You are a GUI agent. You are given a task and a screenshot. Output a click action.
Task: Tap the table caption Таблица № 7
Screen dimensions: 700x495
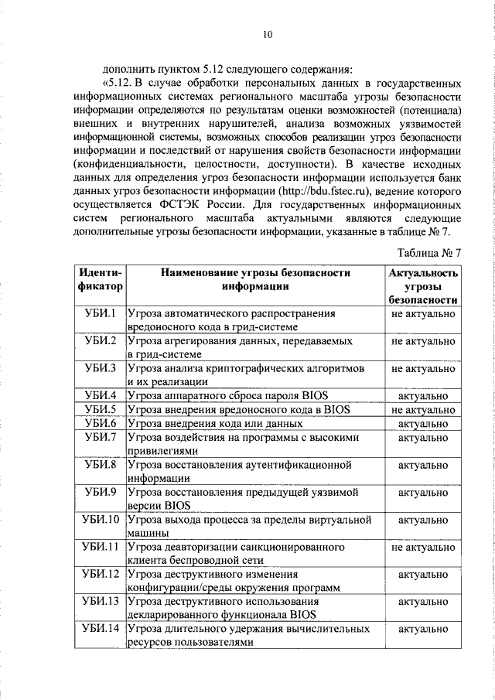429,253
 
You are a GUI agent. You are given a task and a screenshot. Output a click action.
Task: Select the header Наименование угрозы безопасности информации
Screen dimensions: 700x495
255,279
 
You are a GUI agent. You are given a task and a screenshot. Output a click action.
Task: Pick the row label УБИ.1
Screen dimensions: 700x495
100,313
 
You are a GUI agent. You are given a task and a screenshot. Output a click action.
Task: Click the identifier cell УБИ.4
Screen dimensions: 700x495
100,396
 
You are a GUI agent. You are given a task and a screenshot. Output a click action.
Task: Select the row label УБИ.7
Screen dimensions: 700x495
100,438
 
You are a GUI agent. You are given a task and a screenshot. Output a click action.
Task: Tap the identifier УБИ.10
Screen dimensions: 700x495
100,519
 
